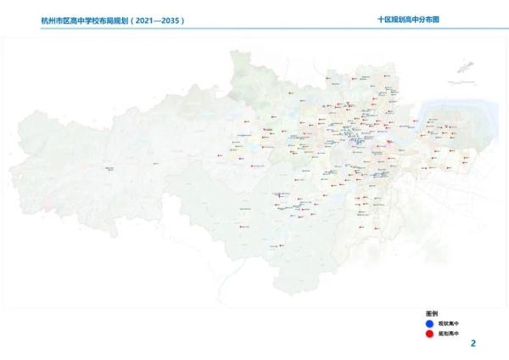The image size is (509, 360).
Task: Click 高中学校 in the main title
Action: [x=83, y=19]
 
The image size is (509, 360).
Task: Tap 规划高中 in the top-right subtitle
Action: [x=406, y=18]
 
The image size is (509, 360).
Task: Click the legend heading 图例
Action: [x=431, y=314]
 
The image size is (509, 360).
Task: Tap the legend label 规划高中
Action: [x=448, y=335]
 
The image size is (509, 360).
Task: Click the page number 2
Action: [x=473, y=343]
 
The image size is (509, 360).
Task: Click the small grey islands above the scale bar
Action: [x=465, y=65]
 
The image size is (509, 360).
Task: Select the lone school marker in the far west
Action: [x=107, y=168]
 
